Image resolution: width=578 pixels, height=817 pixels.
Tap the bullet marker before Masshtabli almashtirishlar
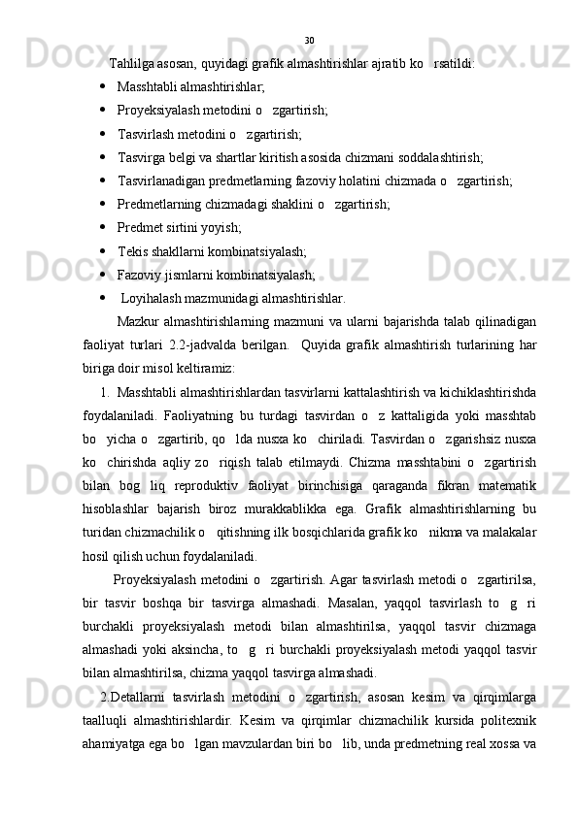[x=103, y=86]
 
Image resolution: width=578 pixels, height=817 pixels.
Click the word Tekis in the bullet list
[x=133, y=249]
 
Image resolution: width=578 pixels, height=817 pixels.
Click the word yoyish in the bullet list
[x=220, y=227]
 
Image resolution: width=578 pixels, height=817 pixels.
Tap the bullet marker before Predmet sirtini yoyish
[x=103, y=226]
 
